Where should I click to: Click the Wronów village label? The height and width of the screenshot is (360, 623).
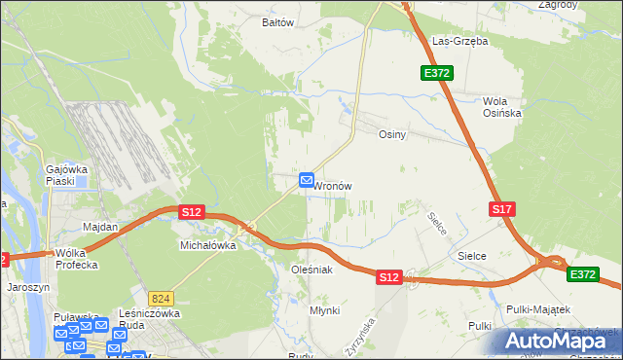[x=333, y=185]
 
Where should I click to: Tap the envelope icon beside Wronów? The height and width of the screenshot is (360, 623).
[x=307, y=180]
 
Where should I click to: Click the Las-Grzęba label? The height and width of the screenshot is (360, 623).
[x=459, y=42]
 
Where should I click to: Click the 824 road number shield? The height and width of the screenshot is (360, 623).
[x=162, y=298]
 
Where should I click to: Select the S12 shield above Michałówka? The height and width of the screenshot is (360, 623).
[x=191, y=212]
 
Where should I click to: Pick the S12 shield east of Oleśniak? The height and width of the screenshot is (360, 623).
[x=388, y=277]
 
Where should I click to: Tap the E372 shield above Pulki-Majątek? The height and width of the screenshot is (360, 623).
[x=582, y=275]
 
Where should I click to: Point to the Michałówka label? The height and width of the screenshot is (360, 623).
[x=208, y=246]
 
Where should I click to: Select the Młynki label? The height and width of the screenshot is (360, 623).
[x=324, y=309]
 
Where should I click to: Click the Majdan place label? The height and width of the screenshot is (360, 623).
[x=100, y=227]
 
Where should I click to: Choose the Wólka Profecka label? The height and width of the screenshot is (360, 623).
[x=79, y=259]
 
